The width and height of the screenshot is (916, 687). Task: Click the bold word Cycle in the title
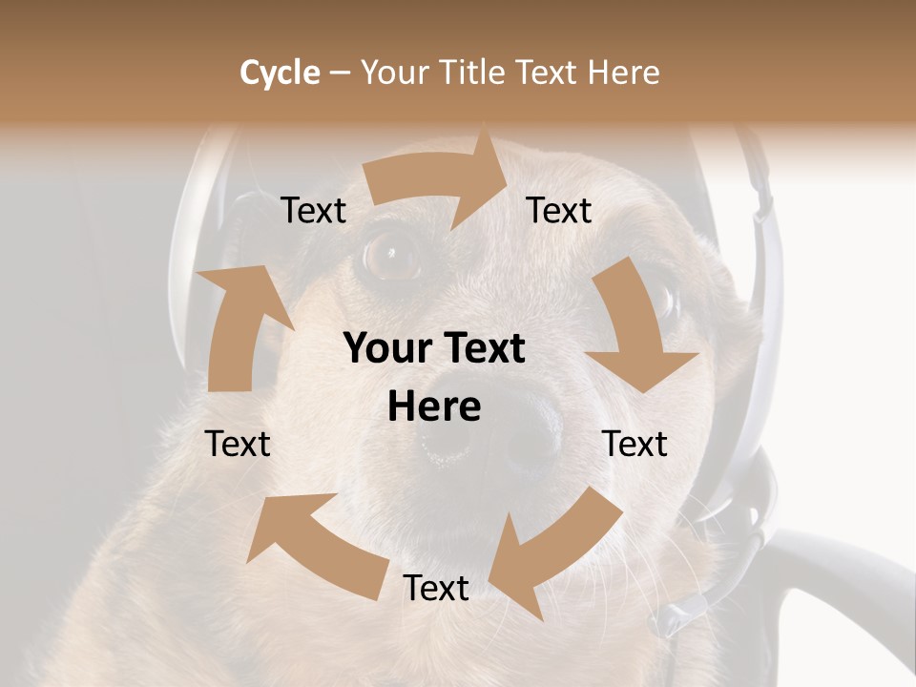(x=280, y=73)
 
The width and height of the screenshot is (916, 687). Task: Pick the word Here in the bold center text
(x=434, y=407)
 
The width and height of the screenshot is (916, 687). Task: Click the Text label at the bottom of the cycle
(x=435, y=589)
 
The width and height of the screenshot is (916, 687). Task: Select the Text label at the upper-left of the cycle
(x=313, y=211)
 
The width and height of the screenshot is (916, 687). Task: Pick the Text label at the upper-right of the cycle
(x=559, y=211)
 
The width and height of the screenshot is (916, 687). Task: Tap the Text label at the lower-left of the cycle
(x=238, y=445)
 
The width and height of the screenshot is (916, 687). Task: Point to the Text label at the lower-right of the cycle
(x=635, y=445)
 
